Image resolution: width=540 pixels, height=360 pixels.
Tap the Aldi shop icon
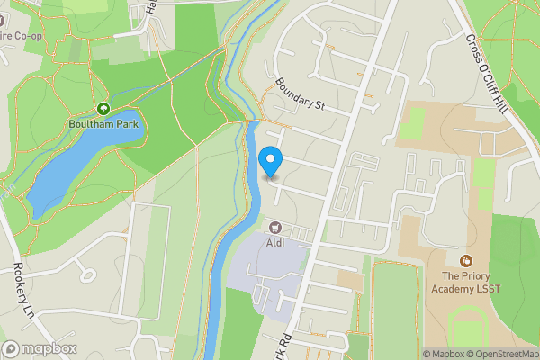(x=274, y=227)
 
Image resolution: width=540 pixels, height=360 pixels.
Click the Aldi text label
(x=274, y=241)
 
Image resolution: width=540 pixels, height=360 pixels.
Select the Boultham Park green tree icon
(x=103, y=109)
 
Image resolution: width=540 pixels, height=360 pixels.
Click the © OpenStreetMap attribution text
(x=502, y=354)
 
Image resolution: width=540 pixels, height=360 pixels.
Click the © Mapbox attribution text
(x=443, y=354)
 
